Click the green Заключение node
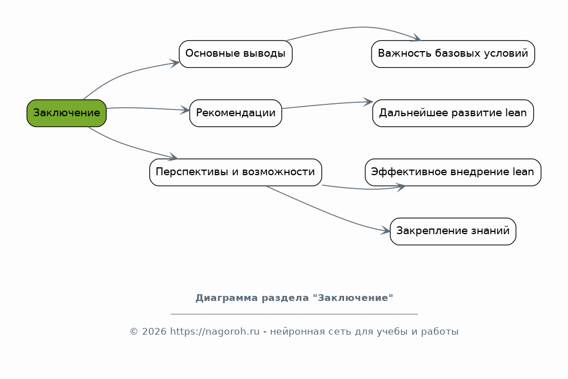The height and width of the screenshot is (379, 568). [66, 113]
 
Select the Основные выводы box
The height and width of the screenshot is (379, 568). [235, 54]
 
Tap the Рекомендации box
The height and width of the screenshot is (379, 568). [235, 113]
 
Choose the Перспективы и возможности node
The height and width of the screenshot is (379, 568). [235, 172]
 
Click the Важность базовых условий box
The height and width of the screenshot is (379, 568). [452, 54]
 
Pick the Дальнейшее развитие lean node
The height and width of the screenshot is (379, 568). [452, 113]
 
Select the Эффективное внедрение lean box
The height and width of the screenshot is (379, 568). [452, 172]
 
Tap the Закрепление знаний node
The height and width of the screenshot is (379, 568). [452, 231]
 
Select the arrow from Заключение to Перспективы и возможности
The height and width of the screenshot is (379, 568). [129, 147]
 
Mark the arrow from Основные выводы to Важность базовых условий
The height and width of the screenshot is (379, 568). [359, 27]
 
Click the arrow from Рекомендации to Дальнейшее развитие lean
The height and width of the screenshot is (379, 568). [328, 104]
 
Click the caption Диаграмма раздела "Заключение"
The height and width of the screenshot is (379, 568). [294, 298]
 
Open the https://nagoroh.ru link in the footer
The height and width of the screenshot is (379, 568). [215, 331]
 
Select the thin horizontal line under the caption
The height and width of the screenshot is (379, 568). [294, 314]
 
